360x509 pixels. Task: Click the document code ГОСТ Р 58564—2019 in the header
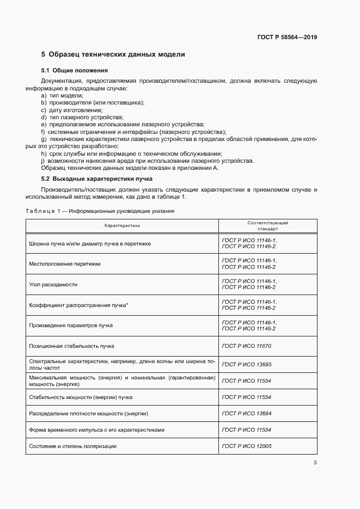point(287,38)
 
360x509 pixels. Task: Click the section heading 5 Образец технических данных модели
point(113,54)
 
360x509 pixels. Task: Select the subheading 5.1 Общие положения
point(75,71)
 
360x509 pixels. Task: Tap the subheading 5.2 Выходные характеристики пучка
point(97,179)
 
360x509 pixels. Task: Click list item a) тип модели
point(58,95)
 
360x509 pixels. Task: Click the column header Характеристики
point(123,226)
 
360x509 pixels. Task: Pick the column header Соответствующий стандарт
point(267,226)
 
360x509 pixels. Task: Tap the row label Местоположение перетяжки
point(65,264)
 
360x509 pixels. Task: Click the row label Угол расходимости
point(53,284)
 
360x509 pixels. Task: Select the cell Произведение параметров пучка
point(71,325)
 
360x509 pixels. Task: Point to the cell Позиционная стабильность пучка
point(71,346)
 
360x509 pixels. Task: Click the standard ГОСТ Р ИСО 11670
point(247,346)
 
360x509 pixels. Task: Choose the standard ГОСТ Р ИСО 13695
point(247,364)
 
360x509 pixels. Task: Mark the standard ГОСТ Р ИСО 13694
point(247,414)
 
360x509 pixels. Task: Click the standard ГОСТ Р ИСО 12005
point(247,446)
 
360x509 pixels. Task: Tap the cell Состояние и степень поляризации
point(73,446)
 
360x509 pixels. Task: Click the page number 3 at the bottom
point(315,463)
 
